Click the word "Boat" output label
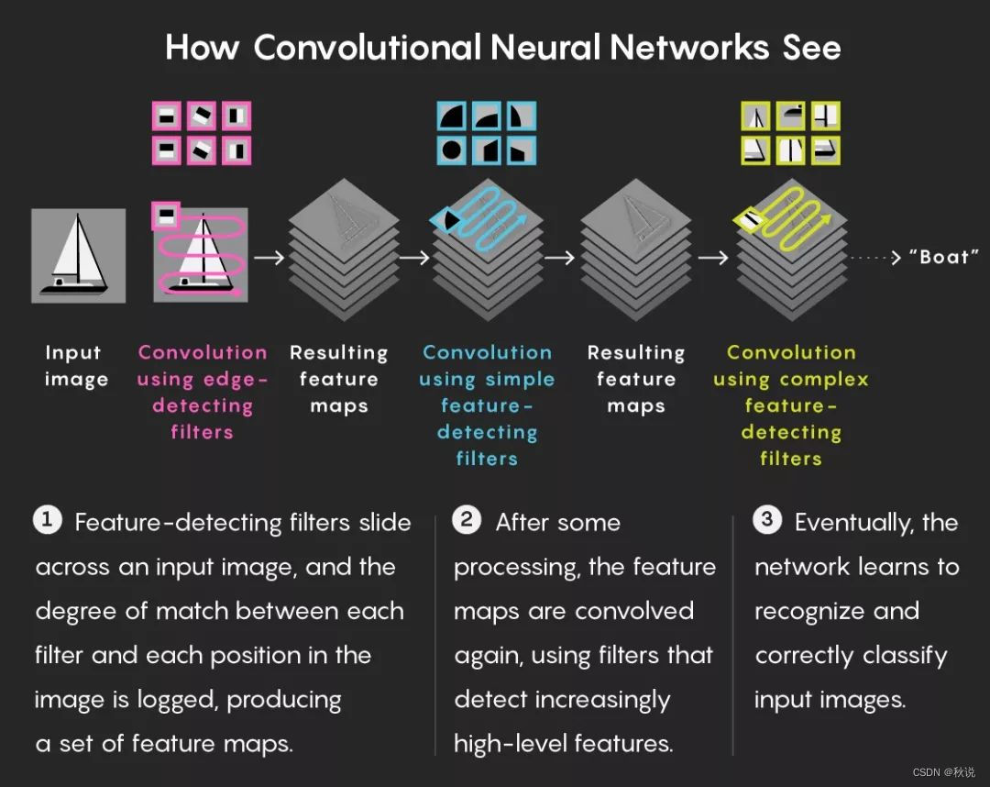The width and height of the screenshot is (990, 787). (x=944, y=257)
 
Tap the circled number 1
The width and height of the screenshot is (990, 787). (x=47, y=521)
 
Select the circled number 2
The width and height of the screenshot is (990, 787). (x=467, y=521)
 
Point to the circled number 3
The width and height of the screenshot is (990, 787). (x=766, y=521)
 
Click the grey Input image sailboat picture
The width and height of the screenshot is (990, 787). (x=78, y=255)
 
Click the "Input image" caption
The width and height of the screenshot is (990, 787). (x=76, y=366)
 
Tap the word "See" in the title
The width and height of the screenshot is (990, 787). (x=811, y=48)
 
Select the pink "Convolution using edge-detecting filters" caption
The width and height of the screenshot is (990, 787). (x=203, y=392)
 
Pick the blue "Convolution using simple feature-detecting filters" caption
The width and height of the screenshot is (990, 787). (x=487, y=405)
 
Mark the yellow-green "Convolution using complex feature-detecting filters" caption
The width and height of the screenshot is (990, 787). (x=790, y=405)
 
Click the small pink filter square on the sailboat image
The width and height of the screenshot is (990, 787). (x=166, y=216)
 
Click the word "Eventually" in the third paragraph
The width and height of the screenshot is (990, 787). (x=852, y=523)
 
